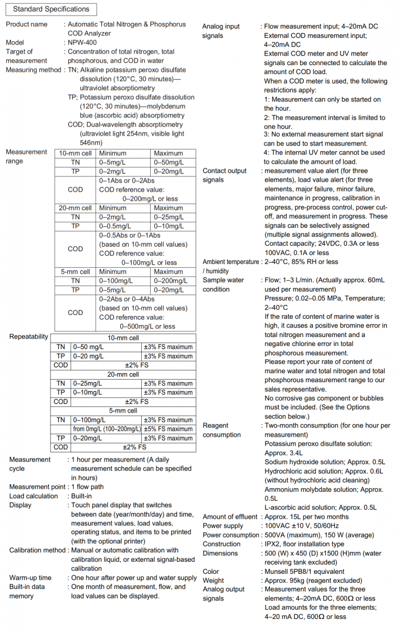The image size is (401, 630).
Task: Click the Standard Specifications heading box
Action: click(51, 9)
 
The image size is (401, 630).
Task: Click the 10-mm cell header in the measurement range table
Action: click(76, 153)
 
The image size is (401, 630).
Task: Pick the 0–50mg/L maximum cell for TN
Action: click(169, 162)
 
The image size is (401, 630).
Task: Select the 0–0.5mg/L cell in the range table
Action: click(117, 226)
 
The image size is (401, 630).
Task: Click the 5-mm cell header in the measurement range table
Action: click(76, 271)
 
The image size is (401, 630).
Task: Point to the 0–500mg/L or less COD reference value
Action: click(149, 326)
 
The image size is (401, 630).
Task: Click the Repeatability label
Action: click(29, 337)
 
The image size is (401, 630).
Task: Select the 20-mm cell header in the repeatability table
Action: click(123, 374)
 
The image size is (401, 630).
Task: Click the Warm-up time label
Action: click(30, 578)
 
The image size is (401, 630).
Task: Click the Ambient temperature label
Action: click(230, 262)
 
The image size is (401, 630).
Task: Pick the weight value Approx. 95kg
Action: click(287, 580)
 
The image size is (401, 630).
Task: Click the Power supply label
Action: click(223, 526)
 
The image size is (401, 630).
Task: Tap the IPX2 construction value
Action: click(272, 544)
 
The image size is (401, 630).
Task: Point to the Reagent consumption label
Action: click(222, 430)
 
